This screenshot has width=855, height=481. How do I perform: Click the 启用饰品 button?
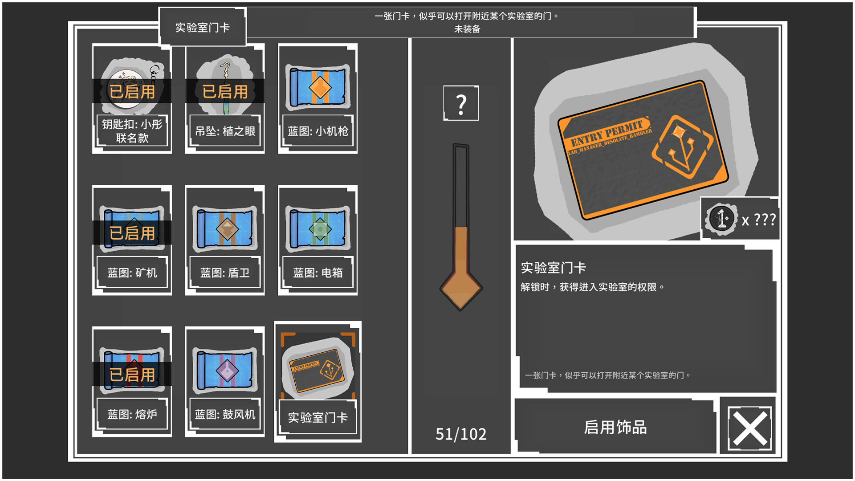tap(615, 427)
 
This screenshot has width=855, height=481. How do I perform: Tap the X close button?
tap(750, 428)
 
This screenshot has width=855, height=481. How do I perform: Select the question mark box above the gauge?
tap(461, 103)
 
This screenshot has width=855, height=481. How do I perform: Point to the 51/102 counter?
tap(461, 434)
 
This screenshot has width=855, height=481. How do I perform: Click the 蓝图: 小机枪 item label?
tap(318, 131)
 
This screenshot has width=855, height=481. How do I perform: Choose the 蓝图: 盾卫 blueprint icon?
tap(225, 229)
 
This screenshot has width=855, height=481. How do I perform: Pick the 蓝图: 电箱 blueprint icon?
tap(318, 229)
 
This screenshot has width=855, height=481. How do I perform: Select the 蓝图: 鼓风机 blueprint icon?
tap(225, 371)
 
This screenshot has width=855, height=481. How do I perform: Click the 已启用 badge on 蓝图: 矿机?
tap(132, 233)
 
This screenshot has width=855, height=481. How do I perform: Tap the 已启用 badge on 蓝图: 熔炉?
tap(132, 375)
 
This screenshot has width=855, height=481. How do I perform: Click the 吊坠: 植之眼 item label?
tap(225, 131)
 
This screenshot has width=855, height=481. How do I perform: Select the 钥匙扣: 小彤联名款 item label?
tap(132, 131)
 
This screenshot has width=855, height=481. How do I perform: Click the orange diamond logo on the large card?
tap(682, 147)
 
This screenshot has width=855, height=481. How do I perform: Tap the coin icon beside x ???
tap(721, 219)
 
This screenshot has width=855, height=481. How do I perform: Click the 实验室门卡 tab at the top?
tap(202, 27)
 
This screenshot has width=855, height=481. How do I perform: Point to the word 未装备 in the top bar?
tap(467, 29)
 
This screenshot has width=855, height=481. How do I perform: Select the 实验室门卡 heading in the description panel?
tap(553, 268)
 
